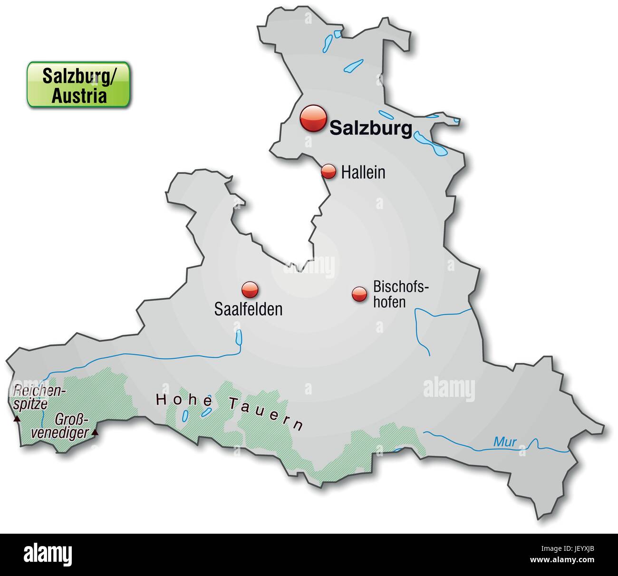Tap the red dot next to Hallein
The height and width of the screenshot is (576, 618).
(x=328, y=172)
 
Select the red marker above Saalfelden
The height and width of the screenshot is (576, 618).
(x=250, y=289)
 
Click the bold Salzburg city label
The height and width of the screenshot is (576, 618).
(x=370, y=128)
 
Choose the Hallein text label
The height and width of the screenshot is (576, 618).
(x=363, y=173)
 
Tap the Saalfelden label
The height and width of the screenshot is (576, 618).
(x=248, y=309)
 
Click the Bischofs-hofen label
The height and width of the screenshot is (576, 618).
(x=401, y=294)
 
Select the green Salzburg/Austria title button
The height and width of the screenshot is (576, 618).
(x=78, y=85)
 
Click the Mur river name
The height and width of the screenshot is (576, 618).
(x=504, y=442)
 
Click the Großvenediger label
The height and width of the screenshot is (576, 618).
(x=72, y=426)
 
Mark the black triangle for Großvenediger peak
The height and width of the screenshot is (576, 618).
(x=95, y=432)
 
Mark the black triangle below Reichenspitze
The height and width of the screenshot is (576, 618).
(x=17, y=419)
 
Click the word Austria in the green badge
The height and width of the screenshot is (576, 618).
(x=79, y=96)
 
